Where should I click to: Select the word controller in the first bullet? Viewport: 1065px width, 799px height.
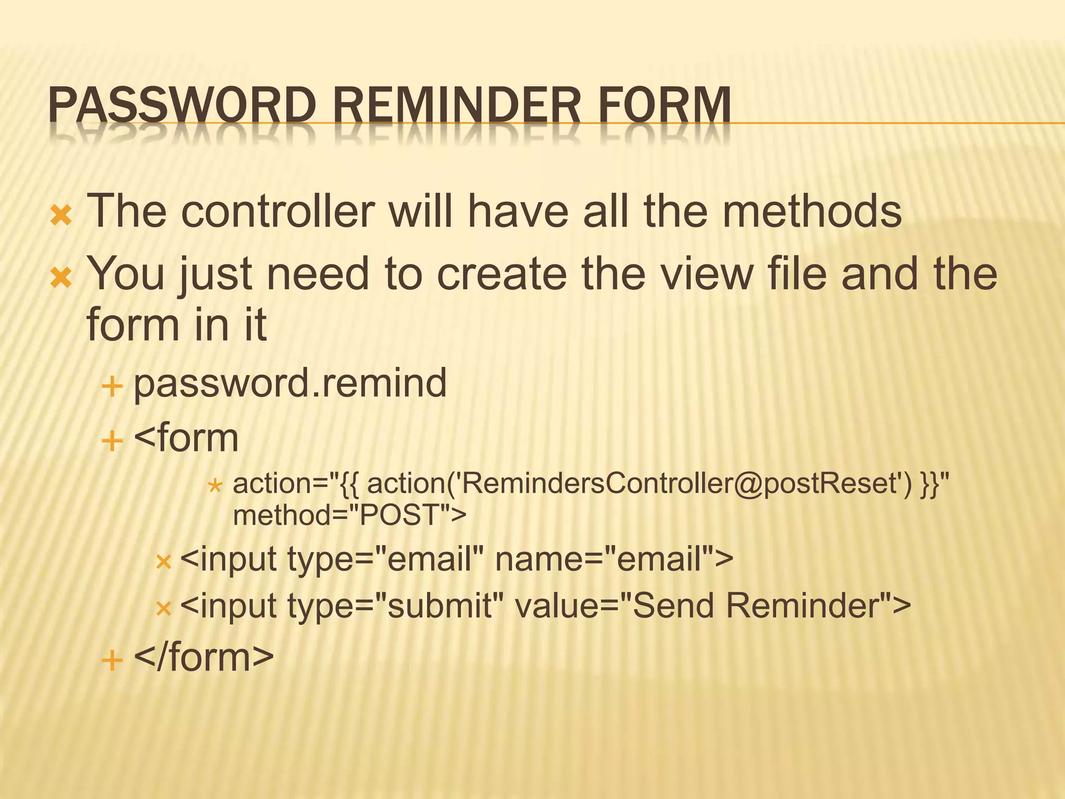pyautogui.click(x=278, y=211)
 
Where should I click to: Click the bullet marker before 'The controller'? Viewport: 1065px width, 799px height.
pyautogui.click(x=61, y=215)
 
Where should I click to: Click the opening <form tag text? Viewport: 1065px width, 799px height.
pyautogui.click(x=186, y=438)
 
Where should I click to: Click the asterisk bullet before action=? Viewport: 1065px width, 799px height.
pyautogui.click(x=215, y=487)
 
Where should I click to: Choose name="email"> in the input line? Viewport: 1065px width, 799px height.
pyautogui.click(x=614, y=560)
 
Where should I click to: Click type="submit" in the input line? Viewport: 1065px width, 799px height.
pyautogui.click(x=395, y=607)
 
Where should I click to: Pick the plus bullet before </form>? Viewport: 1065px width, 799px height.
pyautogui.click(x=112, y=661)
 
